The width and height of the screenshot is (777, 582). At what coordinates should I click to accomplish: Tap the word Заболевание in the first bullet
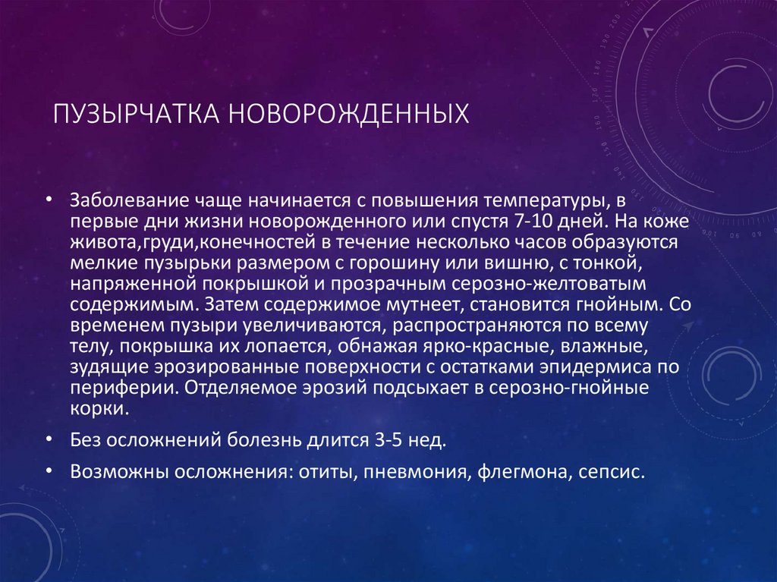[118, 200]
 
